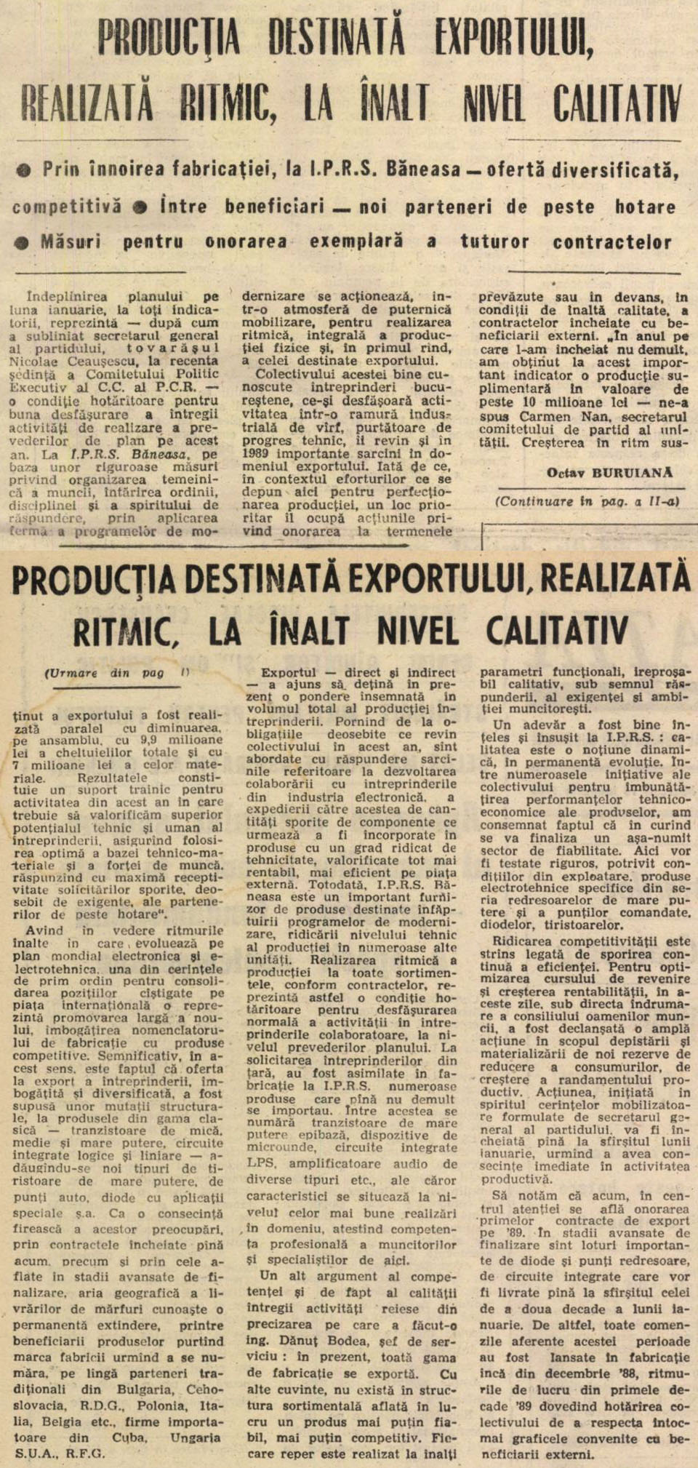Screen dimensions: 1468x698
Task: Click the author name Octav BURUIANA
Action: coord(609,473)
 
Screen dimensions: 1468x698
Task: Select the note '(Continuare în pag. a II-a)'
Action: coord(587,501)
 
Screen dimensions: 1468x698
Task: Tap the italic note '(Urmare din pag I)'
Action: coord(116,673)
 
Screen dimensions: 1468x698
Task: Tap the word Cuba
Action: coord(129,1437)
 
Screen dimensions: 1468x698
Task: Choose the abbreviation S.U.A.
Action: coord(34,1453)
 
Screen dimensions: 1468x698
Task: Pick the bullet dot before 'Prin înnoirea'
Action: coord(25,170)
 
